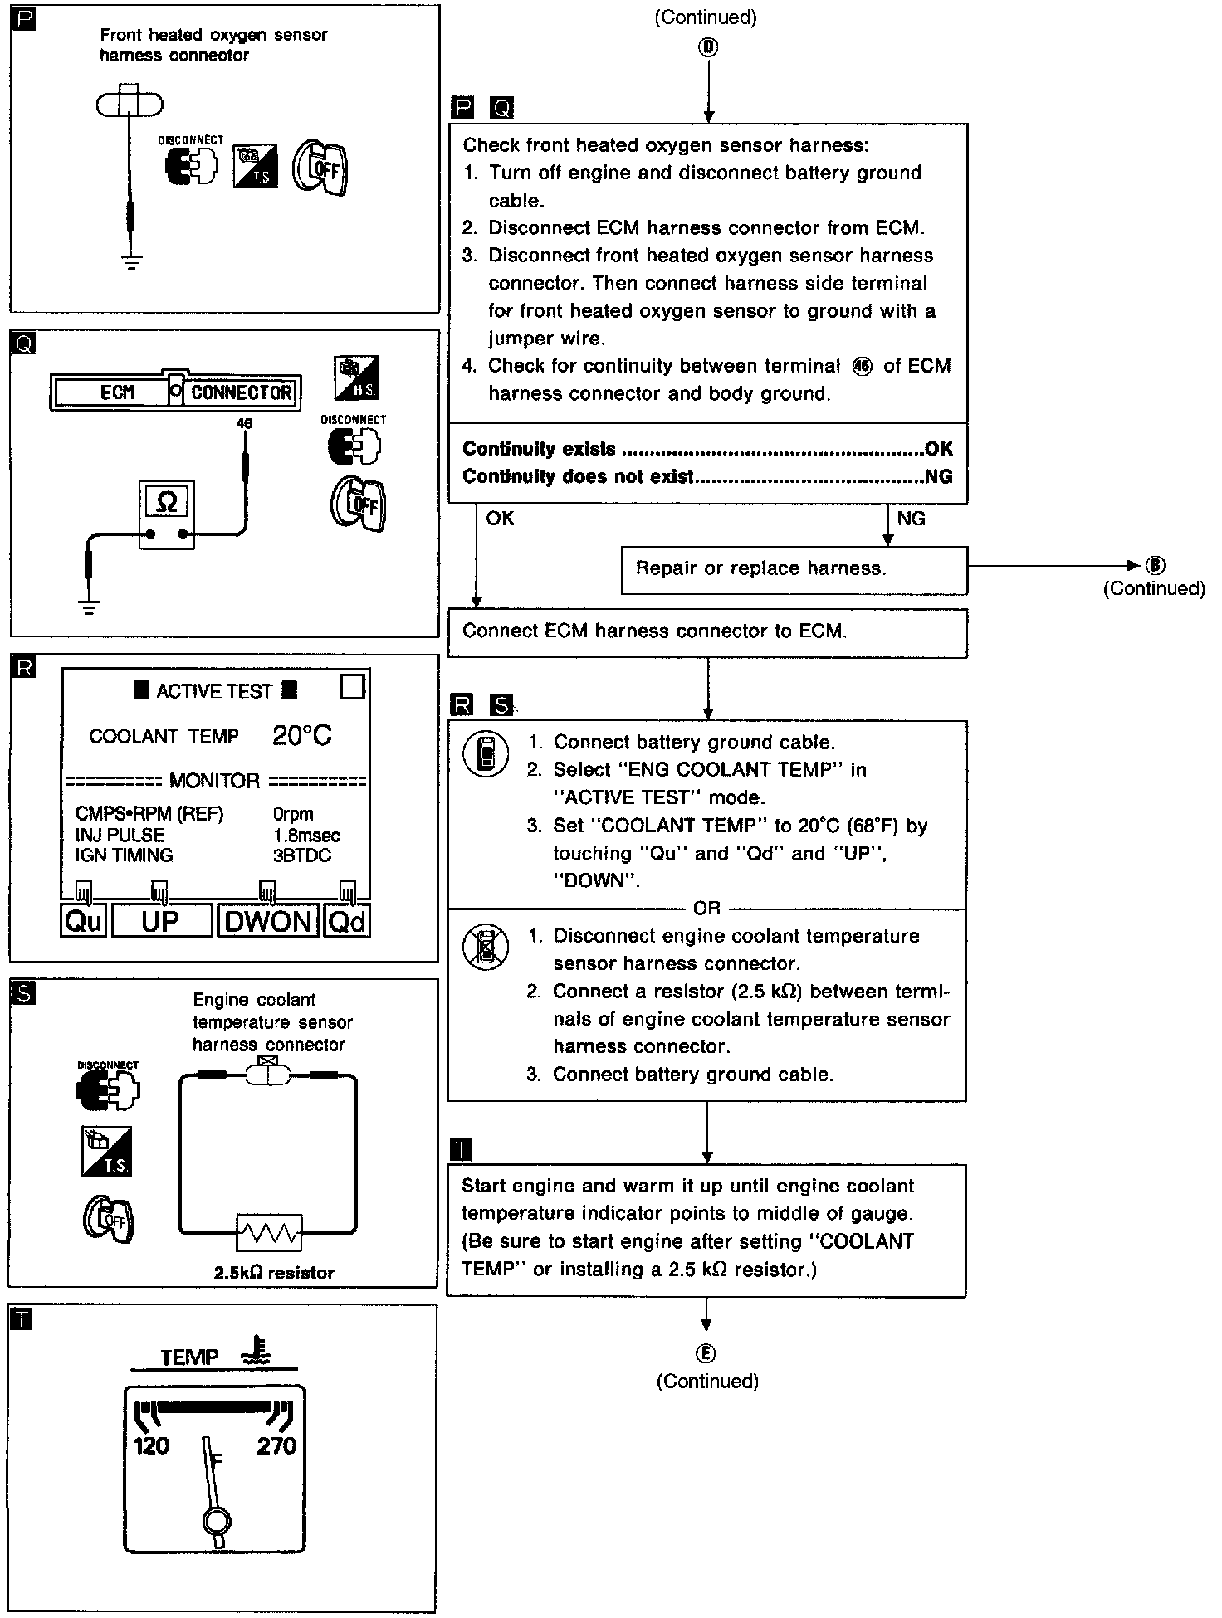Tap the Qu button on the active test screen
click(83, 921)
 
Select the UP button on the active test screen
click(161, 921)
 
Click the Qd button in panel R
click(347, 921)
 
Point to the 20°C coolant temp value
click(301, 735)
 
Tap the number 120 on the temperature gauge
click(151, 1446)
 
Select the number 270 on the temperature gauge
click(276, 1446)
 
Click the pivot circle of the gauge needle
click(216, 1521)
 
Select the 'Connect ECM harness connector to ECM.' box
click(707, 632)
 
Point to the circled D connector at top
click(708, 47)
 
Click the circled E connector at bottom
click(706, 1353)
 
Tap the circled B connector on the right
click(1155, 566)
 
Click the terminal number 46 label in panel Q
click(244, 423)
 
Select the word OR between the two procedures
click(706, 909)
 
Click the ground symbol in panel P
click(131, 262)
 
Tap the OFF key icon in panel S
click(109, 1219)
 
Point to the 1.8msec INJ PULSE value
click(306, 835)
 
